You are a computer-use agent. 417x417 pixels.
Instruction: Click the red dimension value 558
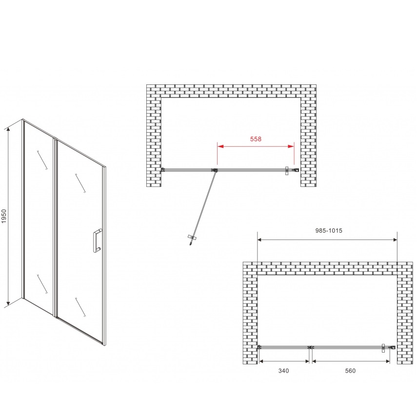tap(256, 139)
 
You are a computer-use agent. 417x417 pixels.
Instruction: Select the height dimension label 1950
tap(4, 216)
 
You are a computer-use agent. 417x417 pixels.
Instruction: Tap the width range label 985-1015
tap(329, 231)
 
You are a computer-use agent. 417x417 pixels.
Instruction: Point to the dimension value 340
tap(283, 371)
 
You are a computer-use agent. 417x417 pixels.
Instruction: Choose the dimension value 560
tap(350, 371)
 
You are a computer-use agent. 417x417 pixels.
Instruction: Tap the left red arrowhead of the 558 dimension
tap(220, 146)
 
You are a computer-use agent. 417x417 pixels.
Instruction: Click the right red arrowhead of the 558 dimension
tap(291, 146)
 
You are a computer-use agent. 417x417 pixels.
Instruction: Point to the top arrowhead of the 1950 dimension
tap(8, 130)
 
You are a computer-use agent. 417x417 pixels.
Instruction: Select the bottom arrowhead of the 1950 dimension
tap(8, 303)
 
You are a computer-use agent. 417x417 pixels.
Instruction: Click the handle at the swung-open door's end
tap(192, 238)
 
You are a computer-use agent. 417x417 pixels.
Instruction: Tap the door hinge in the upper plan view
tap(214, 171)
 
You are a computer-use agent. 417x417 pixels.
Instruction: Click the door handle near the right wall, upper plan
tap(287, 171)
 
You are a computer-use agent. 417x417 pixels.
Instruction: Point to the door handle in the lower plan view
tap(383, 348)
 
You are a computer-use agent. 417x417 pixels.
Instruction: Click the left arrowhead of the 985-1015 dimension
tap(260, 240)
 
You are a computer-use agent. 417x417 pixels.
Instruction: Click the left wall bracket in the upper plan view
tap(163, 169)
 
